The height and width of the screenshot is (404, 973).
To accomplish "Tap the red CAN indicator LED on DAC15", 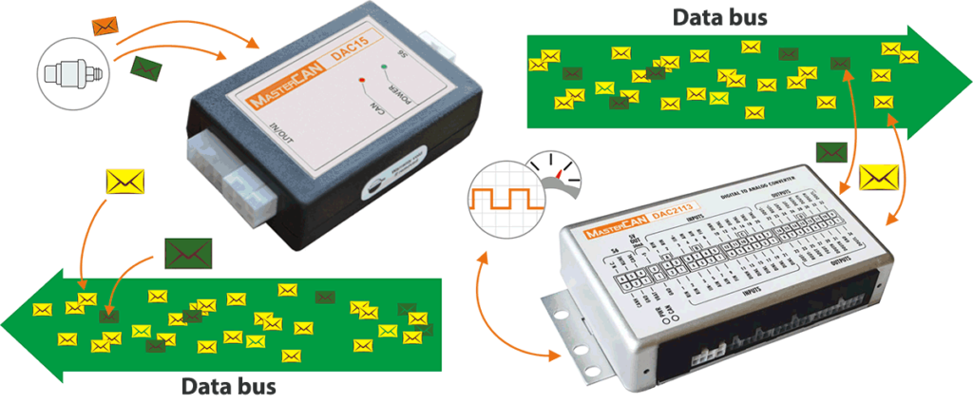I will pyautogui.click(x=362, y=80).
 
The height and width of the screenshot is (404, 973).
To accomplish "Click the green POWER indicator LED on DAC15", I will pyautogui.click(x=385, y=67).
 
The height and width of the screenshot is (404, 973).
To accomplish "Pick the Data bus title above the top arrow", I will pyautogui.click(x=719, y=16).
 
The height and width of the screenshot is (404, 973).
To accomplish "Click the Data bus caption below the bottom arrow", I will pyautogui.click(x=229, y=387).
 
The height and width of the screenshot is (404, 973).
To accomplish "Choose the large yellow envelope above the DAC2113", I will pyautogui.click(x=877, y=178).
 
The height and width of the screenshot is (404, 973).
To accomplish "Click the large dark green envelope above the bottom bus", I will pyautogui.click(x=187, y=251).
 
